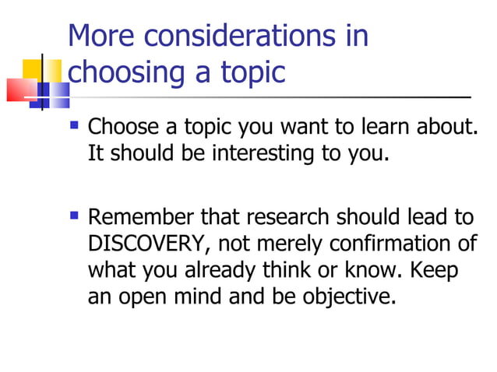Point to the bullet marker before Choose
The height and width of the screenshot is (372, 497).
click(x=75, y=124)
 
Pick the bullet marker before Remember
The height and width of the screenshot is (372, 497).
click(x=75, y=214)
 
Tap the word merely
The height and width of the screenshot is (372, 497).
click(x=285, y=244)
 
